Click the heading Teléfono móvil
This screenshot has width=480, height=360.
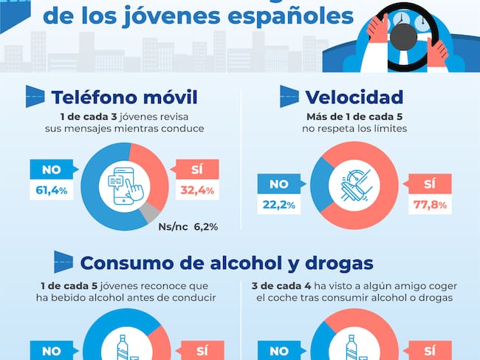pos(125,97)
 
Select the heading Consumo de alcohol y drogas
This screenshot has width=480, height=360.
pos(227,262)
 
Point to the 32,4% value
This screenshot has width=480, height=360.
pos(197,191)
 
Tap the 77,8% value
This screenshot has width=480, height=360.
pos(428,205)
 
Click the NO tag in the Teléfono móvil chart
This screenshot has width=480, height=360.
pos(50,169)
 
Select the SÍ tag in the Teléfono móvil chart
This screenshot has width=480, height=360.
pos(196,169)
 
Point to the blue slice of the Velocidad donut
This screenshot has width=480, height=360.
pos(320,185)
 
